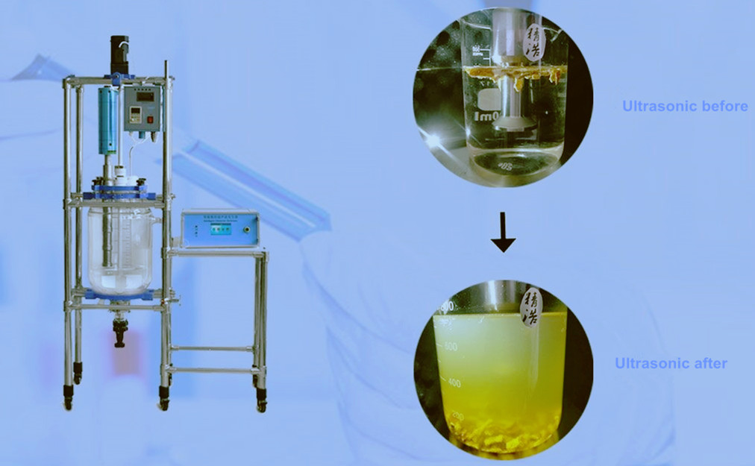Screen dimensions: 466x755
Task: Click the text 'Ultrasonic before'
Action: [685, 107]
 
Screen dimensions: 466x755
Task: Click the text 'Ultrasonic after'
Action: [671, 364]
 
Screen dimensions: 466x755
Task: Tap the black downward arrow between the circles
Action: [504, 238]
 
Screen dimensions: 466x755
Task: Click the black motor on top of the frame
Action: [119, 53]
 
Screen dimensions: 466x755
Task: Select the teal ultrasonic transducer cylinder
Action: [108, 119]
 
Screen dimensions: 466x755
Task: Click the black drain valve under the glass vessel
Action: [119, 332]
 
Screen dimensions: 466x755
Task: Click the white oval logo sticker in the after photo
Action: [531, 306]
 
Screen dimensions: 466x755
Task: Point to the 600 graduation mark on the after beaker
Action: [451, 346]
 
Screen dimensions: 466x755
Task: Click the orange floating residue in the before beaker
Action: [507, 72]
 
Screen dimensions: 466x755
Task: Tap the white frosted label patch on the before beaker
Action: [488, 101]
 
